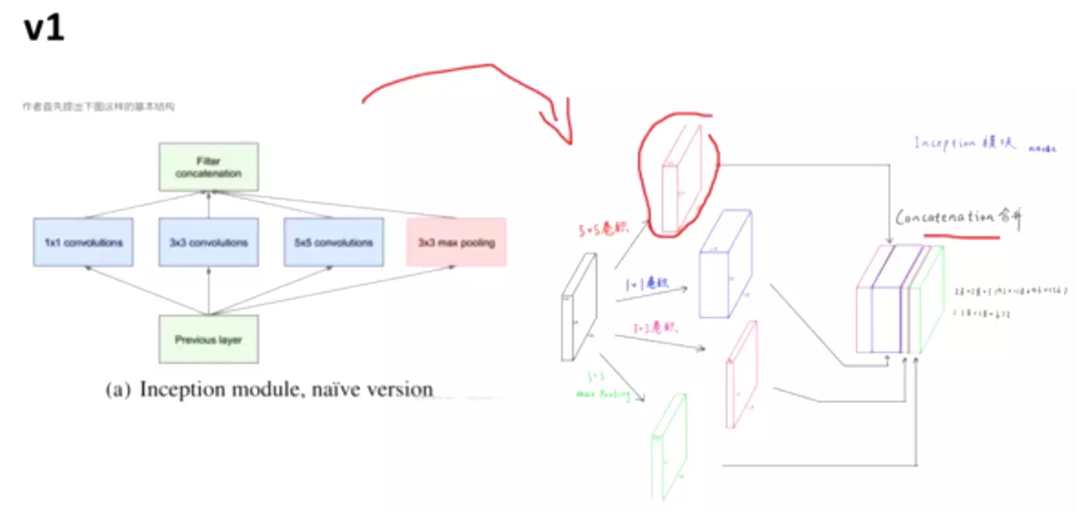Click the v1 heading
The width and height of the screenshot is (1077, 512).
click(x=44, y=29)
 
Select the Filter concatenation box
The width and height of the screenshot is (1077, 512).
click(x=208, y=167)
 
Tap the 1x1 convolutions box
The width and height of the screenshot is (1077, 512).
click(x=83, y=242)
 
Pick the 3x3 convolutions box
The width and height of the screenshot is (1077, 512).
click(x=208, y=242)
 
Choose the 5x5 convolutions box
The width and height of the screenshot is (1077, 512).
click(x=334, y=242)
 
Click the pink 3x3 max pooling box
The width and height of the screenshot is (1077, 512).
click(x=456, y=242)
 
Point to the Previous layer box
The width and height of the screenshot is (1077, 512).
click(x=208, y=339)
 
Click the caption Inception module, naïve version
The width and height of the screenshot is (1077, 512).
click(x=269, y=389)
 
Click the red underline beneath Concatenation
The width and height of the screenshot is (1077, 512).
click(x=961, y=236)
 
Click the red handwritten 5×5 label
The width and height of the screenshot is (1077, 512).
click(x=603, y=228)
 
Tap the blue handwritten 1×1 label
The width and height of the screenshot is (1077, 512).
click(x=646, y=283)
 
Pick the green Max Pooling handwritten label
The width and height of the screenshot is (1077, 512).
click(x=602, y=393)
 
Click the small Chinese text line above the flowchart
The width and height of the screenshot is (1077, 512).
click(x=98, y=106)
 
